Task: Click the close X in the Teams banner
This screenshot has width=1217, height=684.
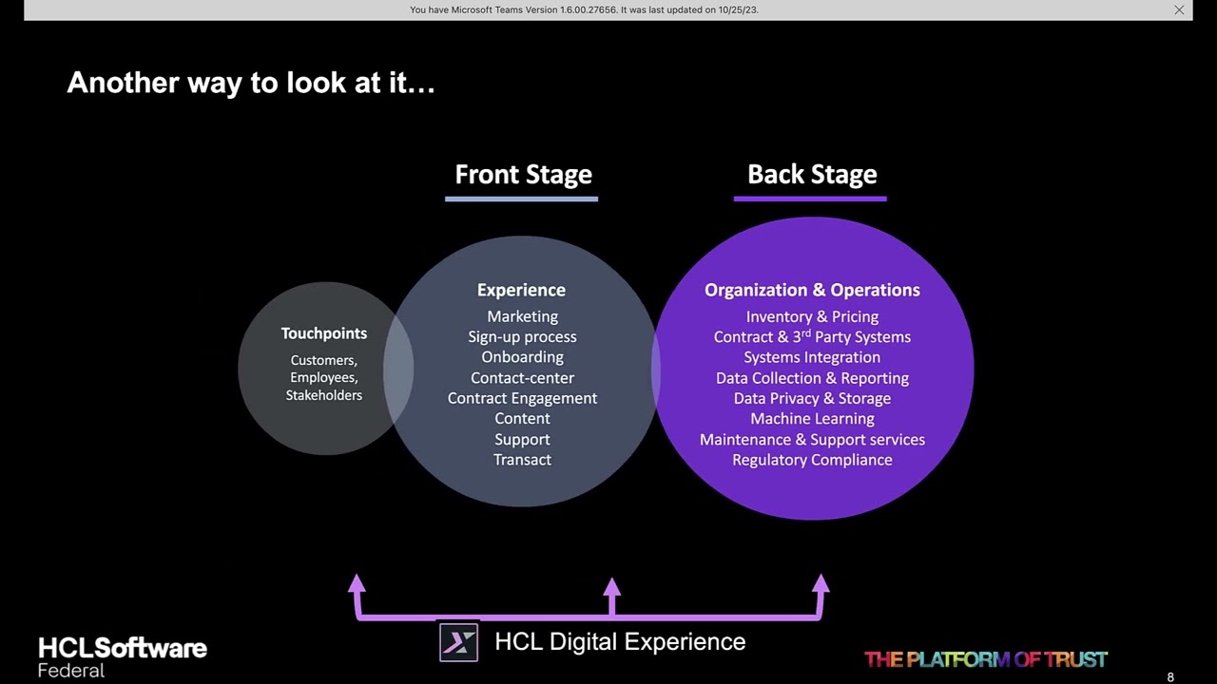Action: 1179,9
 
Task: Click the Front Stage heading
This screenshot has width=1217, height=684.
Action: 523,175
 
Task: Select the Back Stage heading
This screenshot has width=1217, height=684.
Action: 812,175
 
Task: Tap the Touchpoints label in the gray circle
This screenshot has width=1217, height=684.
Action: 323,333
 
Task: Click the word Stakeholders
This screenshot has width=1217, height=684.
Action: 323,395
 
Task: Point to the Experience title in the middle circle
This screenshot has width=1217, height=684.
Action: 521,290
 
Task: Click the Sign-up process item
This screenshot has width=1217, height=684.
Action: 522,337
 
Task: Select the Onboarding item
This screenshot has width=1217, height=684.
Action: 522,357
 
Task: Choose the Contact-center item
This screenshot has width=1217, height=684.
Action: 522,378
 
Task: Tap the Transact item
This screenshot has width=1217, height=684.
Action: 522,460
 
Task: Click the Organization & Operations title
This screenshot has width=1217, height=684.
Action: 812,290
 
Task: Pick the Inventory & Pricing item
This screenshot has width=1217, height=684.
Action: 812,317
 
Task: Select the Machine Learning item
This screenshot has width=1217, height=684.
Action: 812,419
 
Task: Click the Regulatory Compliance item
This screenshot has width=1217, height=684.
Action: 812,460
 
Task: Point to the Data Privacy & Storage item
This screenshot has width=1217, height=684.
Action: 812,399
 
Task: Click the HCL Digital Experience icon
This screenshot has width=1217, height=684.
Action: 458,643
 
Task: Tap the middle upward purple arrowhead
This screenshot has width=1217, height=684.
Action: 611,586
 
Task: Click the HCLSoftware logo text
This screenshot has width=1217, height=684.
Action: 123,649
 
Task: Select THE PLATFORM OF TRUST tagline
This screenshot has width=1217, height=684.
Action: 986,659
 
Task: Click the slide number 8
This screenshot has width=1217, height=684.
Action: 1170,677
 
